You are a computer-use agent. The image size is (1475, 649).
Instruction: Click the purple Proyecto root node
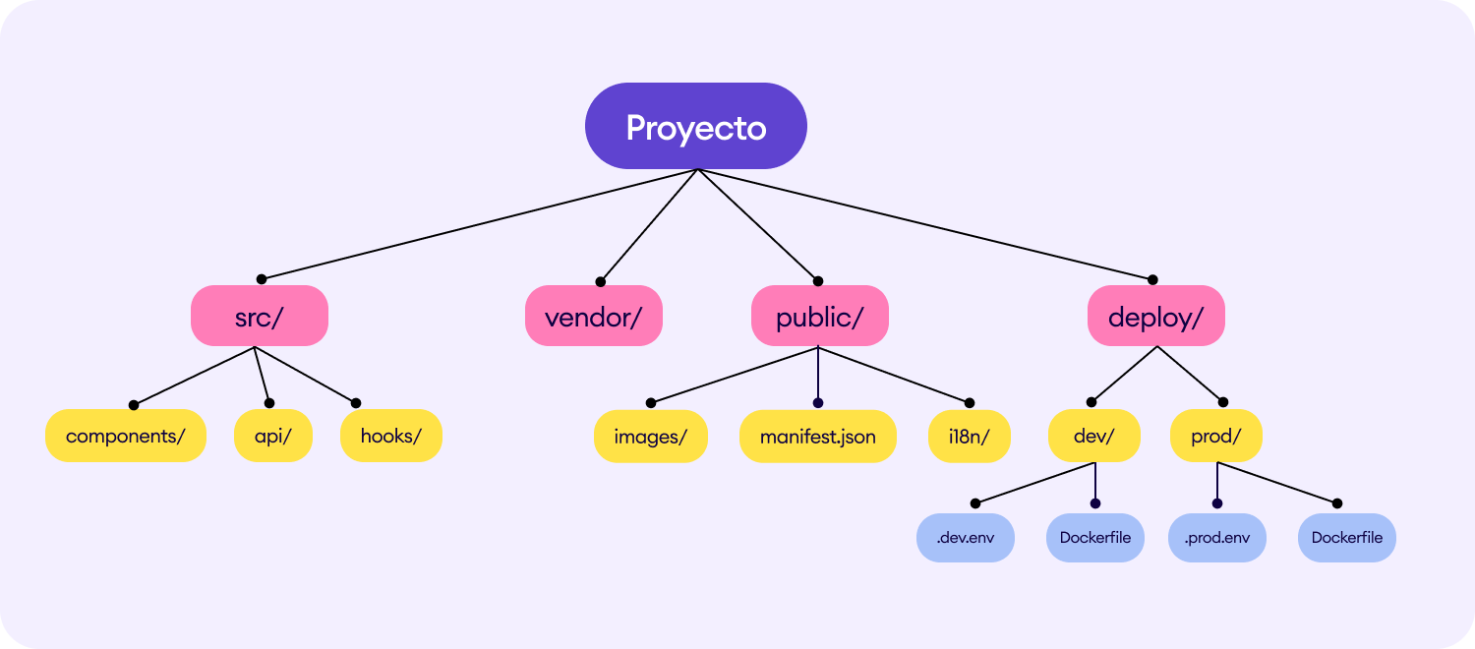696,126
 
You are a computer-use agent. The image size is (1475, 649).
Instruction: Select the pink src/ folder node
260,316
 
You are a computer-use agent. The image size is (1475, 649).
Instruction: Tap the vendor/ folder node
593,316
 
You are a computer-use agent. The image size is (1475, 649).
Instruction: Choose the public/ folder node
820,316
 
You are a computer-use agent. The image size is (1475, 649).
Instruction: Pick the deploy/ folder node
1156,316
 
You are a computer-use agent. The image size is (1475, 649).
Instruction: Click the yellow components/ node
126,436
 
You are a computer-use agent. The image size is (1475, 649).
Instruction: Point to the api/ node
273,436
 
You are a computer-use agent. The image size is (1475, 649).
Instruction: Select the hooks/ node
391,436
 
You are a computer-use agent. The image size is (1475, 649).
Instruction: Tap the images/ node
651,437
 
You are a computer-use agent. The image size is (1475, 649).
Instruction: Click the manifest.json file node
818,437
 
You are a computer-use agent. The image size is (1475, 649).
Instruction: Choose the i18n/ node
970,437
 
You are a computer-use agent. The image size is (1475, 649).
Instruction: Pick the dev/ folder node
1094,436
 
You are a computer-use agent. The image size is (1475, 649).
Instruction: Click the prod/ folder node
1216,436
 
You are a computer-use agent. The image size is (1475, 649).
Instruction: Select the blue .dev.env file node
966,538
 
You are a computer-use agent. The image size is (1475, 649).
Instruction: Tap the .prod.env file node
1217,538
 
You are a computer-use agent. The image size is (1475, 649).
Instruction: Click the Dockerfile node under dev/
1095,538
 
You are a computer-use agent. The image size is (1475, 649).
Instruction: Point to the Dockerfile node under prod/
1346,538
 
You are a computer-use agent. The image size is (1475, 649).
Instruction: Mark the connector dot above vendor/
601,281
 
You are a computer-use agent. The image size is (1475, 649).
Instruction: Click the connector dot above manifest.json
818,403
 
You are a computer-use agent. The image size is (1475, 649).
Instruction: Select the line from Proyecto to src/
480,224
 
